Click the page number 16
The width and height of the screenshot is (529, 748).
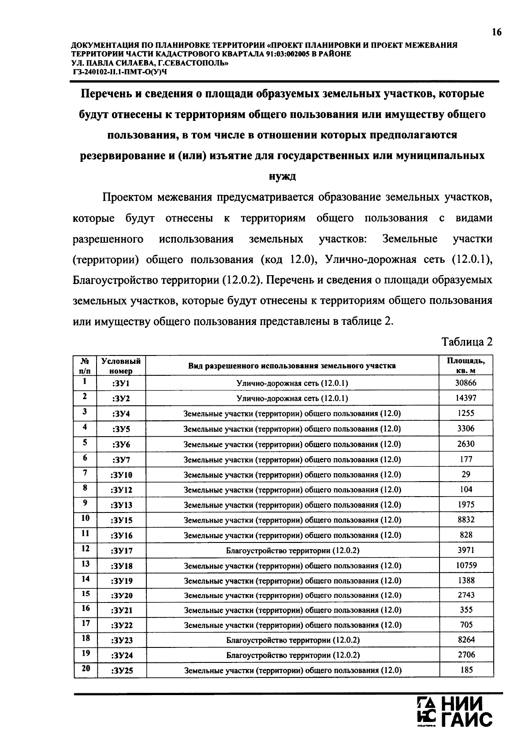[x=496, y=32]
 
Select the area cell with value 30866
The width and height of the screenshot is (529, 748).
[x=466, y=383]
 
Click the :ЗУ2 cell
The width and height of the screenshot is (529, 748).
[x=121, y=399]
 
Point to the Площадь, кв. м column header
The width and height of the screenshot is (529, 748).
[x=466, y=366]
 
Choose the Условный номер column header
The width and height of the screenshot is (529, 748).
[x=121, y=366]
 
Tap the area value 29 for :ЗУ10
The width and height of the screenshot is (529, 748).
[x=466, y=474]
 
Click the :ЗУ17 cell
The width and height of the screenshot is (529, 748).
[x=122, y=551]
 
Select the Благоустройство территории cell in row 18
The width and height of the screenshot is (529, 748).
[x=293, y=640]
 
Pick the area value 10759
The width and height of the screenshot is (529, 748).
[x=466, y=565]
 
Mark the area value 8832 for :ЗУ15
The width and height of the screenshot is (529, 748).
[x=466, y=520]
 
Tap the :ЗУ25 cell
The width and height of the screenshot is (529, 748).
[x=122, y=671]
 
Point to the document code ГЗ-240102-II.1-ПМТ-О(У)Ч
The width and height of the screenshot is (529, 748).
[x=119, y=72]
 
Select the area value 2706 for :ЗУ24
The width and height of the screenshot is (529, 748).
[x=466, y=655]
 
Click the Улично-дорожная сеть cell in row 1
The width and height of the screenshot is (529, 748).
[x=292, y=383]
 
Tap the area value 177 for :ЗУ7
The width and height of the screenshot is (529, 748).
[x=466, y=459]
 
